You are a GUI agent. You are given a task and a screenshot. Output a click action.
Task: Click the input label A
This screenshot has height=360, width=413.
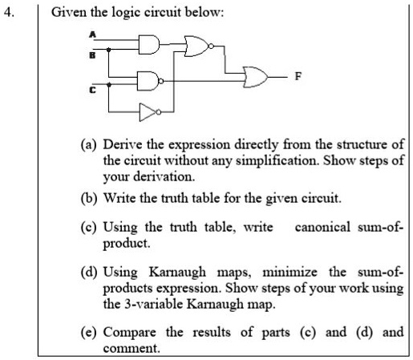coord(92,34)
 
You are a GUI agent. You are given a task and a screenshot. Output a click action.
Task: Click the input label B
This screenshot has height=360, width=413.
coord(92,55)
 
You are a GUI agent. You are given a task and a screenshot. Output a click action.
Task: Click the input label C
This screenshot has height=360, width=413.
coord(92,90)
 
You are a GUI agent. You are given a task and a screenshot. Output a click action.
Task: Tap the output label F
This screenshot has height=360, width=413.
coord(298,76)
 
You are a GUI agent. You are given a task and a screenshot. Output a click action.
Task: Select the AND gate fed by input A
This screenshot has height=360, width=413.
coord(149,44)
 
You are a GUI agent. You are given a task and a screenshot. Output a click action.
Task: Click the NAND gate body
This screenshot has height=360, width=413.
coord(148,81)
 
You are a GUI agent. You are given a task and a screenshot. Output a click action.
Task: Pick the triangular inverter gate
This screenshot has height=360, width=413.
coord(148,112)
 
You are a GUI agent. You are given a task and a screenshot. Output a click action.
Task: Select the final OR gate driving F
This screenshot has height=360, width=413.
coord(255,77)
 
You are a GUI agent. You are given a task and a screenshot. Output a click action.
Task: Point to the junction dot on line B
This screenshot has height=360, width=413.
coord(108,50)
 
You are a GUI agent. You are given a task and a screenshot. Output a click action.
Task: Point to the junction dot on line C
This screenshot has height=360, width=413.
coord(108,85)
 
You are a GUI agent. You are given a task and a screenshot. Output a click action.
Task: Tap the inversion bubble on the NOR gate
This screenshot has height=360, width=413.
coord(211,47)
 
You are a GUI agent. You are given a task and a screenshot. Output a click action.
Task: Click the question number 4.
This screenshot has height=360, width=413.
coord(9,12)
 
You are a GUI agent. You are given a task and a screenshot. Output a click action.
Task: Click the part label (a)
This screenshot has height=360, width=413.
coord(88,144)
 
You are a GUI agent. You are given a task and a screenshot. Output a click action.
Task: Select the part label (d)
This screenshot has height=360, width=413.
coord(89,272)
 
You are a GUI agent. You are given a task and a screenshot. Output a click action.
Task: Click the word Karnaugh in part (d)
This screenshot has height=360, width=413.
coord(177,273)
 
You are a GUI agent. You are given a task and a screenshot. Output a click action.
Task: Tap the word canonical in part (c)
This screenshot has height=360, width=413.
coord(322,227)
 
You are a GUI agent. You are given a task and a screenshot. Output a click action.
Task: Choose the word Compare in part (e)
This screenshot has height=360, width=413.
coord(130,333)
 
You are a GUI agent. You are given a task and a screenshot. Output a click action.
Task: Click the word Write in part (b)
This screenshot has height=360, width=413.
coord(119,198)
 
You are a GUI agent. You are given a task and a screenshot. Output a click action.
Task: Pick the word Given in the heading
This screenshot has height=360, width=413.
coord(69,12)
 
